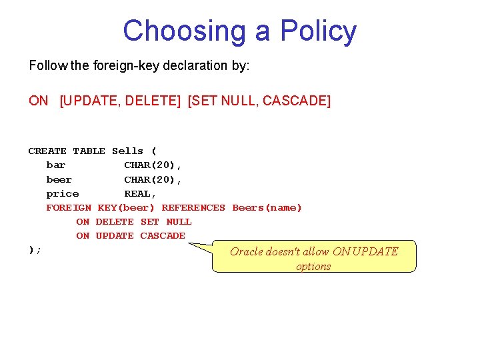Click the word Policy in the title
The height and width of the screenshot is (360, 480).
tap(318, 31)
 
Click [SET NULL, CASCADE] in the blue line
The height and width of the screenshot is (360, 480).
tap(259, 101)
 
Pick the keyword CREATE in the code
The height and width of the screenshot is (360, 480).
tap(47, 151)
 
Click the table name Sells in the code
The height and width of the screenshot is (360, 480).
tap(127, 151)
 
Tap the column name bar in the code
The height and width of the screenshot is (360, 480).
tap(56, 165)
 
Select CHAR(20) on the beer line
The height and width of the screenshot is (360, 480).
tap(152, 179)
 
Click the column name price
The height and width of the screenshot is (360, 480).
tap(62, 193)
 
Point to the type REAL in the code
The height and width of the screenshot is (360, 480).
tap(139, 193)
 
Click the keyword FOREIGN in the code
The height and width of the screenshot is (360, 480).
tap(69, 207)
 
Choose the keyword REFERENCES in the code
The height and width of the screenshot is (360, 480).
tap(193, 207)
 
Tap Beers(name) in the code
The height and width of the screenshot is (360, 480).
tap(267, 207)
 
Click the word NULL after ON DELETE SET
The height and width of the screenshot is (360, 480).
tap(179, 221)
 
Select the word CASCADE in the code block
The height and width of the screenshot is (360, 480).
tap(162, 235)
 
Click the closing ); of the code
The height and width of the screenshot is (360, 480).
tap(35, 249)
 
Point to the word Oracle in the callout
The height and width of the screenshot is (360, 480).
tap(247, 251)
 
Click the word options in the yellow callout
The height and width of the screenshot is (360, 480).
tap(313, 266)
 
